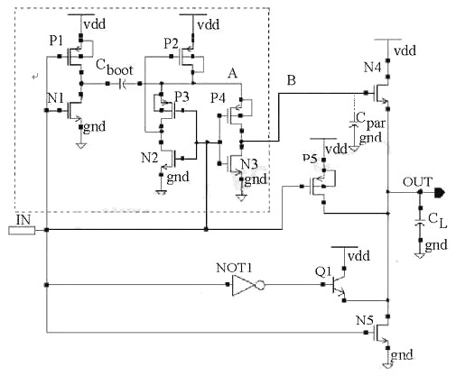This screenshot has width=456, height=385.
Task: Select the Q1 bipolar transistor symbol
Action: tap(338, 284)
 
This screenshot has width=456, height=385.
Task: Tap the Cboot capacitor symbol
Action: tap(123, 84)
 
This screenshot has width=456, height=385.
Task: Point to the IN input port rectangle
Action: tap(22, 231)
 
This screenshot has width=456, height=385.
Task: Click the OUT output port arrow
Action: tap(439, 192)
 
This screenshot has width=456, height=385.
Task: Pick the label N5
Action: tap(365, 320)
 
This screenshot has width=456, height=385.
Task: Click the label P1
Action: tap(56, 41)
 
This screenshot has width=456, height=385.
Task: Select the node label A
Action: tap(232, 73)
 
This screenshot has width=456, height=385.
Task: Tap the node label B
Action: tap(292, 80)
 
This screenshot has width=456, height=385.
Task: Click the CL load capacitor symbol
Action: tap(420, 223)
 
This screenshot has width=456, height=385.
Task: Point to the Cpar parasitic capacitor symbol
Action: tap(354, 124)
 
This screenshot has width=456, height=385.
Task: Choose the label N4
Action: tap(372, 67)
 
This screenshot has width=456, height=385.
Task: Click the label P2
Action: tap(171, 44)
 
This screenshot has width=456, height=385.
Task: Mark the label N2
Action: tap(150, 158)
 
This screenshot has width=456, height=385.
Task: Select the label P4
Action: tap(218, 98)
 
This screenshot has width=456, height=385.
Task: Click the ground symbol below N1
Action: tap(81, 146)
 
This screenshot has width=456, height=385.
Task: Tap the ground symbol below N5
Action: tap(387, 366)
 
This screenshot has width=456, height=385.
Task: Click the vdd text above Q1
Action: tap(358, 256)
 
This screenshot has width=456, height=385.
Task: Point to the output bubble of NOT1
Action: tap(260, 285)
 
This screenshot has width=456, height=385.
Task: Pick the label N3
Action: tap(249, 164)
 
